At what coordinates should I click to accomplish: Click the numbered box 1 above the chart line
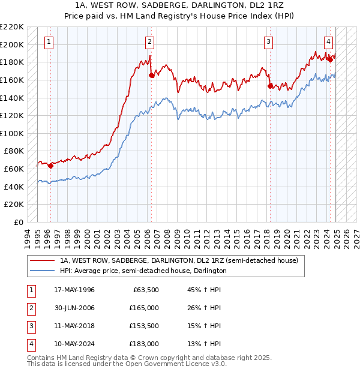(49, 41)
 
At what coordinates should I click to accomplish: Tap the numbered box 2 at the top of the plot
(149, 41)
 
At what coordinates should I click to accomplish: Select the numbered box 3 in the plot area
(268, 41)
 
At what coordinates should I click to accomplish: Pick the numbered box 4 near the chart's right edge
(329, 41)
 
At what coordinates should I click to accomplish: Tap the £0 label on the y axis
(19, 222)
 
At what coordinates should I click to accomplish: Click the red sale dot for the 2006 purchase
(151, 75)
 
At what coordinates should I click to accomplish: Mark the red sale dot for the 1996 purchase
(50, 166)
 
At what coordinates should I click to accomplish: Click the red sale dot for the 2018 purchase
(270, 86)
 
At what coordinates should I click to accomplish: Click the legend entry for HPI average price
(143, 271)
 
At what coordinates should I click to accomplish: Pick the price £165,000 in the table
(144, 308)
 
